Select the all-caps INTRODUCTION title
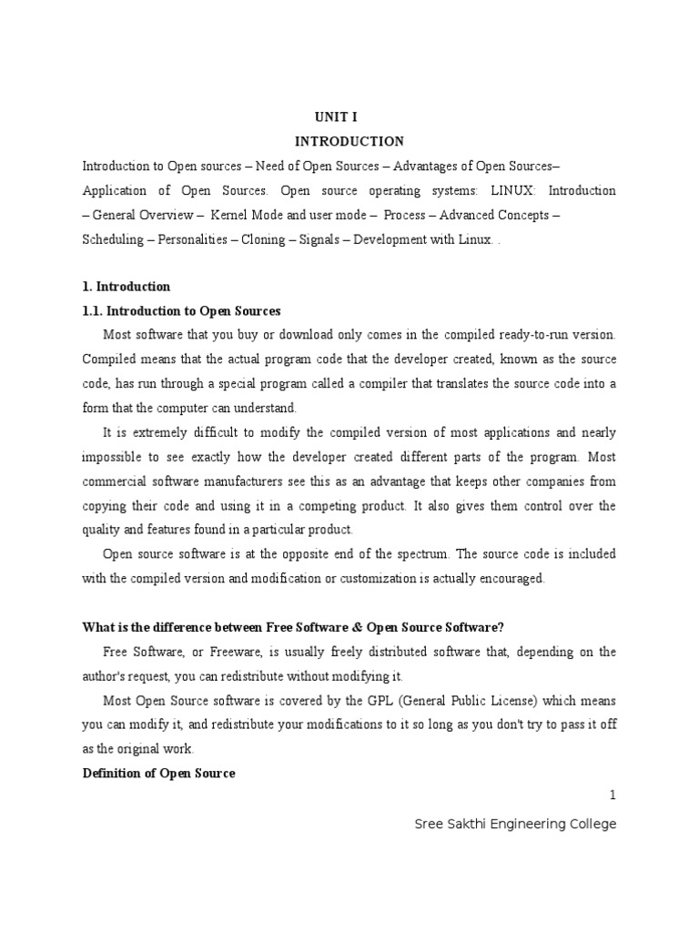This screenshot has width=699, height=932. pyautogui.click(x=349, y=142)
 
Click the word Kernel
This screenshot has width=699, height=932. pyautogui.click(x=229, y=216)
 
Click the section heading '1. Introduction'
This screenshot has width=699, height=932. pyautogui.click(x=127, y=287)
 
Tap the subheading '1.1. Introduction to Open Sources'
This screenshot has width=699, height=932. pyautogui.click(x=182, y=311)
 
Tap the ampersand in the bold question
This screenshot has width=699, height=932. pyautogui.click(x=353, y=627)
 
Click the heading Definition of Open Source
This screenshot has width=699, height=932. pyautogui.click(x=159, y=774)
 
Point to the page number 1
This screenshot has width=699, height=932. pyautogui.click(x=613, y=795)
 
